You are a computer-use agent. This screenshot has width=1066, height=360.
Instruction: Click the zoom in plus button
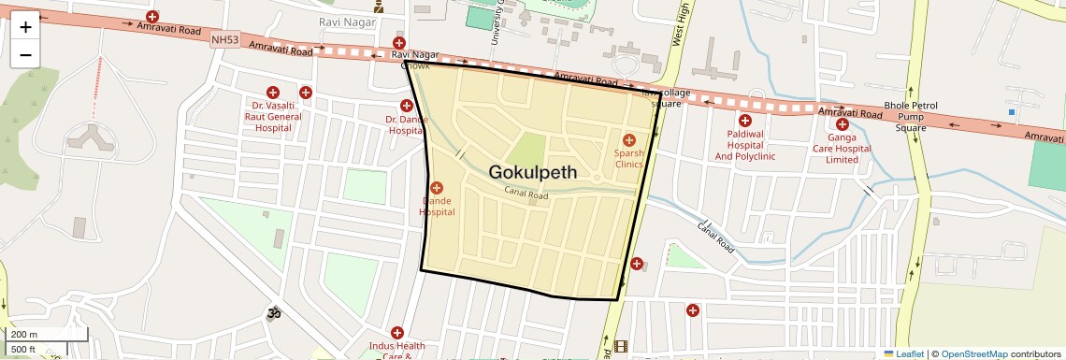[x=25, y=27]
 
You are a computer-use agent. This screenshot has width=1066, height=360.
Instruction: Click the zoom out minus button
[x=25, y=54]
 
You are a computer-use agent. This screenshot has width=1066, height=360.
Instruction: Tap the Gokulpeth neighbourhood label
[x=533, y=173]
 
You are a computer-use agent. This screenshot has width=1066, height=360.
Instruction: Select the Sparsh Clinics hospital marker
[x=629, y=139]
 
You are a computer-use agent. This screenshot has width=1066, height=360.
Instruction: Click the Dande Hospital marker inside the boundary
[x=437, y=188]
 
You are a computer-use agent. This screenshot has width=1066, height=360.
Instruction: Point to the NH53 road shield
[x=224, y=39]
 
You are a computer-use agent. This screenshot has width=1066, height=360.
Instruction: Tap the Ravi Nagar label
[x=348, y=22]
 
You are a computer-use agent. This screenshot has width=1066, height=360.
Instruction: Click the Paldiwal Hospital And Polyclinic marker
[x=745, y=121]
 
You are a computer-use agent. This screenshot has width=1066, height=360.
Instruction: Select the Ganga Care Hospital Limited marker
[x=843, y=124]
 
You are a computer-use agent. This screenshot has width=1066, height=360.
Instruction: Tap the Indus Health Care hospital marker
[x=397, y=332]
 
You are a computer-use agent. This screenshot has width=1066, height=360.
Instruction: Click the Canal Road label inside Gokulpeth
[x=526, y=194]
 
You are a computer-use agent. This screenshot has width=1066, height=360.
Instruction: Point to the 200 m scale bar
[x=49, y=335]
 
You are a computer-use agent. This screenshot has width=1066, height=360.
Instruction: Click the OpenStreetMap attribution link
[x=973, y=353]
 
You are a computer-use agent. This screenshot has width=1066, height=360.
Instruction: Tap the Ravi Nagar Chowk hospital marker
[x=399, y=43]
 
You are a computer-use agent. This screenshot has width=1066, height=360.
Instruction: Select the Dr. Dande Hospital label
[x=407, y=125]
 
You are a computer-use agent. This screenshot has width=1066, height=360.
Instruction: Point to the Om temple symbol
[x=275, y=313]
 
